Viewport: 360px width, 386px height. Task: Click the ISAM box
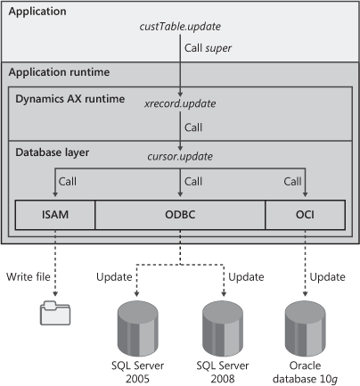coord(55,215)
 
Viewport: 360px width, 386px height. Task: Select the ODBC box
coord(180,215)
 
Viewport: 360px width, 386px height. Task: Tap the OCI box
coord(305,215)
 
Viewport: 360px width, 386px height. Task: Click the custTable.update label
coord(180,27)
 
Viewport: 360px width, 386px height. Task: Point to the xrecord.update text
coord(180,103)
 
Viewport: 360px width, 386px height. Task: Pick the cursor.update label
coord(180,157)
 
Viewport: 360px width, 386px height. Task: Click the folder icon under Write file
coord(55,313)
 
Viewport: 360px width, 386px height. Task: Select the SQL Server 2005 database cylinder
coord(137,328)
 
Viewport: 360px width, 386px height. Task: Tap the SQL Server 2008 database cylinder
coord(223,328)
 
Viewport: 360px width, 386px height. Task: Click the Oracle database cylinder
coord(305,328)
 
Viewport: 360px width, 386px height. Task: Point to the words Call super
coord(208,48)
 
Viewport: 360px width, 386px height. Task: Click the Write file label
coord(29,276)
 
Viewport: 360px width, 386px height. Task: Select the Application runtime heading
coord(59,72)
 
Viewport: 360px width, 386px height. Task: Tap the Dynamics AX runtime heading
coord(70,99)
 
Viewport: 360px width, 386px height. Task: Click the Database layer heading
coord(53,152)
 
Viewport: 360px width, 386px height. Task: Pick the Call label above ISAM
coord(68,181)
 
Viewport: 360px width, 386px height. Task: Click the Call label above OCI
coord(292,181)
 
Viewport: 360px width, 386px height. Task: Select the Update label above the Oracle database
coord(328,277)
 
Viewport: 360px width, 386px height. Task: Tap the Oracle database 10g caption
coord(305,373)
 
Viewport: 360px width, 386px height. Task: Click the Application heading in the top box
coord(37,12)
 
